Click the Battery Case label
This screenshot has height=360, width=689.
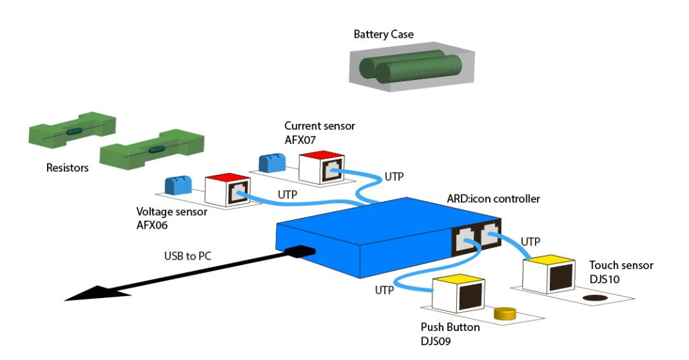pos(384,34)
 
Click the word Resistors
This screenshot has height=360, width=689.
pos(67,168)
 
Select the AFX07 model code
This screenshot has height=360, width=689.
pos(301,139)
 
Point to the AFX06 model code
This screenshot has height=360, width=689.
pos(153,224)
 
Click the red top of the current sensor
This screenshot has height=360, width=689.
pos(320,156)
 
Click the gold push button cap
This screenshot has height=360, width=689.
pos(504,313)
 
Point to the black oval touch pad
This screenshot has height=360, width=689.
pos(595,298)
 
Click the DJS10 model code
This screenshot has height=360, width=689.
pos(604,278)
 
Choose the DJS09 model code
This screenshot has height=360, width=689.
pos(435,340)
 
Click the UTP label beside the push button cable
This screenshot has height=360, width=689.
pos(386,290)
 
